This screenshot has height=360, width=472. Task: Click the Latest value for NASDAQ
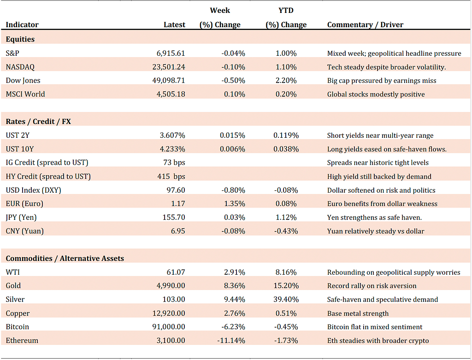point(169,67)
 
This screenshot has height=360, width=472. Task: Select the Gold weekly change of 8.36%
point(235,286)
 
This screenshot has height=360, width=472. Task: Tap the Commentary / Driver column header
point(365,25)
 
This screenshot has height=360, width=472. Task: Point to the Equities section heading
point(20,39)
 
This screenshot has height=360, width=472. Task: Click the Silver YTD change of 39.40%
point(286,300)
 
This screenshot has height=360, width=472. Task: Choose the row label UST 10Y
point(20,149)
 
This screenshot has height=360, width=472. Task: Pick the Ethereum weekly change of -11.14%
point(231,341)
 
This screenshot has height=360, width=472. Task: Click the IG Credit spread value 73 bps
point(174,163)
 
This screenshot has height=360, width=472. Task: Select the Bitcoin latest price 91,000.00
point(169,327)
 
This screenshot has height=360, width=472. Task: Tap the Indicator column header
point(22,25)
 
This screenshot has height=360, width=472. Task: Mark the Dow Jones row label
point(23,81)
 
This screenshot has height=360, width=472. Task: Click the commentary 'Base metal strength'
point(358,313)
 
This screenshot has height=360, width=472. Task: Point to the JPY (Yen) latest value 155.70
point(174,217)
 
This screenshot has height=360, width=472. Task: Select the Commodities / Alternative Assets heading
point(65,258)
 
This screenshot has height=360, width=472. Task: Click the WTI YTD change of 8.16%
point(286,272)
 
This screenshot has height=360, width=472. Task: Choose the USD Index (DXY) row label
point(33,190)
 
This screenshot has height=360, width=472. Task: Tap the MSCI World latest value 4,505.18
point(171,94)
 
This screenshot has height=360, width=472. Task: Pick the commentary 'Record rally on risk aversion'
point(372,286)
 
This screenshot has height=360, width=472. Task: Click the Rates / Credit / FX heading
point(38,122)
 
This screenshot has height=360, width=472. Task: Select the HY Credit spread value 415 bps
point(171,177)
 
